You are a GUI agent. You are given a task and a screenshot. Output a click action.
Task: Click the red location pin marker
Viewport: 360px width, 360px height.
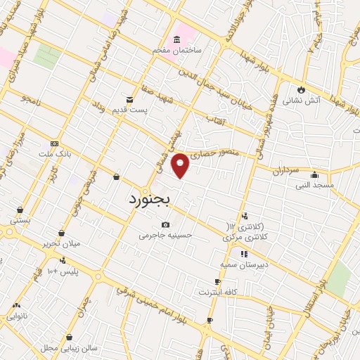[181, 165]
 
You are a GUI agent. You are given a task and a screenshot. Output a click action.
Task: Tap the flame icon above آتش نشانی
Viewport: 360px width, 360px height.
[302, 89]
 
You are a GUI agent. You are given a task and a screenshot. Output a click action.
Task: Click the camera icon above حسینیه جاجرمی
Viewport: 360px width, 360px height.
[165, 224]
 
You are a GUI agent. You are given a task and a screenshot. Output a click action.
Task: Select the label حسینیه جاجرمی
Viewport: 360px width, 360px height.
[166, 236]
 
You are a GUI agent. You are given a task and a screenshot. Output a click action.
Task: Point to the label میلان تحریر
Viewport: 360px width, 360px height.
[62, 243]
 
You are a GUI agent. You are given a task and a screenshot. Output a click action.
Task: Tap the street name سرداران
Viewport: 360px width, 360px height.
[287, 170]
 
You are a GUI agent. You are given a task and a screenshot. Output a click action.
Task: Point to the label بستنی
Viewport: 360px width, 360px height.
[20, 220]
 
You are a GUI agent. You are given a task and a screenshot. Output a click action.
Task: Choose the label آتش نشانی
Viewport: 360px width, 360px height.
[302, 101]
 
